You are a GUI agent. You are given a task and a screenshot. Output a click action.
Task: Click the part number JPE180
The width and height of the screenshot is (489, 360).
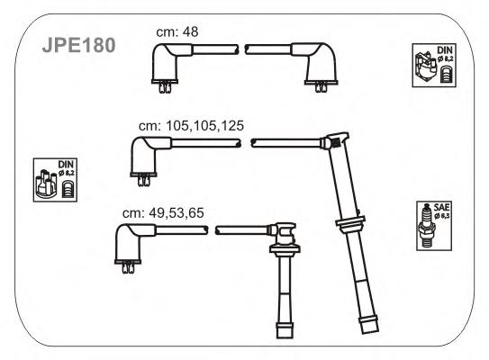tap(78, 45)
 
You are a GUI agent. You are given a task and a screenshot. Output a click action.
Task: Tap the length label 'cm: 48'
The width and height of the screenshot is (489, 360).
tap(177, 31)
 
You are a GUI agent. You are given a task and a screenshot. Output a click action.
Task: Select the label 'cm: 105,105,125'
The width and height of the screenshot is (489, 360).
tap(191, 126)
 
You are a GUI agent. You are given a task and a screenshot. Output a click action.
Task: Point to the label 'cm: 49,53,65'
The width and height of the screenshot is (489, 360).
tap(163, 213)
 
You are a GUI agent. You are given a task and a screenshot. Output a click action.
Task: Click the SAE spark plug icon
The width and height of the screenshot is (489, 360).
tap(434, 226)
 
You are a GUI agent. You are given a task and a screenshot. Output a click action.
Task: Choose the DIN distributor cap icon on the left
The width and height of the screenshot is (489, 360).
tap(55, 180)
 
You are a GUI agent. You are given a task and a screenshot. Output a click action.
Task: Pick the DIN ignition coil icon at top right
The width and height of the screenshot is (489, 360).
tap(434, 65)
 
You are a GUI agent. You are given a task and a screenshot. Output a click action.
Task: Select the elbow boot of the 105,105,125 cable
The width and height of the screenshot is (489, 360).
tap(146, 157)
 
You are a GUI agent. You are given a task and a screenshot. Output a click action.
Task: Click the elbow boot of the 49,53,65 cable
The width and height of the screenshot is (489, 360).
tap(131, 244)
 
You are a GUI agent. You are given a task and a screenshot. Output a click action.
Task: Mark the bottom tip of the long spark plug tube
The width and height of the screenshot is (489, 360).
tap(370, 331)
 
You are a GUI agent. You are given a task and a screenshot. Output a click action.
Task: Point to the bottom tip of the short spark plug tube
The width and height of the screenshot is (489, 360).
tap(285, 337)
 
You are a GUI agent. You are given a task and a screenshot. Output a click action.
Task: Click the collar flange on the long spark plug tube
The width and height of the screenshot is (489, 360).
tap(350, 223)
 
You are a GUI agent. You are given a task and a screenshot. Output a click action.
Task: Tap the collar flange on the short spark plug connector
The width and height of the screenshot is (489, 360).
tap(285, 249)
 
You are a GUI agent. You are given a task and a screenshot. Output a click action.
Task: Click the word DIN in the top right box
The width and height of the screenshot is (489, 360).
tap(444, 49)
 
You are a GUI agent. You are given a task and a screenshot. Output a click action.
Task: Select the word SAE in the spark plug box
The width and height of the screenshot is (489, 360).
tap(441, 207)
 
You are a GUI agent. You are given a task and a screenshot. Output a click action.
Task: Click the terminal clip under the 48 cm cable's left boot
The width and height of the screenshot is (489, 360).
tap(165, 87)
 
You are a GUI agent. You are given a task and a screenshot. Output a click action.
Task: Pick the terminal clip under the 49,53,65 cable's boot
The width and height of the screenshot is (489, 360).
tap(128, 267)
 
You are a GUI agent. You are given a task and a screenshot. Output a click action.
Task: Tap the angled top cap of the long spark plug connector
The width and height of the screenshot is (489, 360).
tap(338, 139)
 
